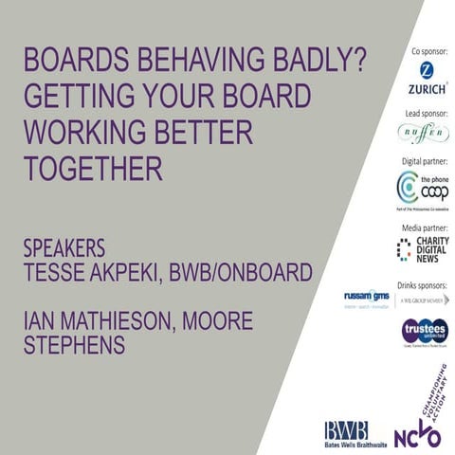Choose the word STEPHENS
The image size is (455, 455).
point(75,346)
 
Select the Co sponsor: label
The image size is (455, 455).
point(428,48)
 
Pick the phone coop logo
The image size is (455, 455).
point(421,190)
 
